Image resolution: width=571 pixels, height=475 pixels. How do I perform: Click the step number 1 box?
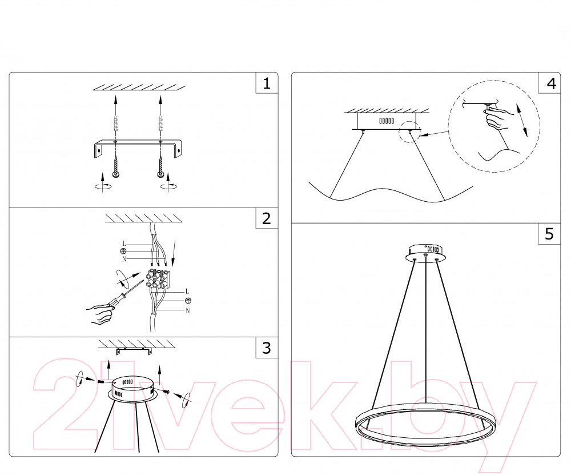pos(267,83)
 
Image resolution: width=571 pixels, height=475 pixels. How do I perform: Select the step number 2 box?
pos(267,218)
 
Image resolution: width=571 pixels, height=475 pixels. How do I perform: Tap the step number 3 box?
pos(267,348)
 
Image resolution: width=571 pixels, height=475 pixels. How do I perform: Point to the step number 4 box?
pos(549,83)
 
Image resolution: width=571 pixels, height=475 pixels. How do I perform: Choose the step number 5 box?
pos(549,234)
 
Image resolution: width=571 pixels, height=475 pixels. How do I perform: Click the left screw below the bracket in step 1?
pos(115,166)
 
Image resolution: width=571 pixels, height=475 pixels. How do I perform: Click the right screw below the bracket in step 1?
pos(160,166)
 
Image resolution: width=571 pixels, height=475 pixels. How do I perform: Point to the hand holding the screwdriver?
pos(100,313)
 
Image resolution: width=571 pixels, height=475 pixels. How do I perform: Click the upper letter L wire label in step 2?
pos(124,244)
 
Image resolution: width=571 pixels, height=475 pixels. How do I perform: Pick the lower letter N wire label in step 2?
pos(187,310)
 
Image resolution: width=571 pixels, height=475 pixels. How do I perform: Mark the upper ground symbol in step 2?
pos(123,251)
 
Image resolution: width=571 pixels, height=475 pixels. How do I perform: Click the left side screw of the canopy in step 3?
pos(101,381)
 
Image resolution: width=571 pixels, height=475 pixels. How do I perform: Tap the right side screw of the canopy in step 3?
pos(167,392)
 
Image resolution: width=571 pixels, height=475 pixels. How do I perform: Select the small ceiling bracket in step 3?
pos(134,352)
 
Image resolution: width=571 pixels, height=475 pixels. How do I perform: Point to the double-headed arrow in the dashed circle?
pos(521,120)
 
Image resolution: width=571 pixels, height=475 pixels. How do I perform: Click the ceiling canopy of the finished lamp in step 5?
pos(426,253)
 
